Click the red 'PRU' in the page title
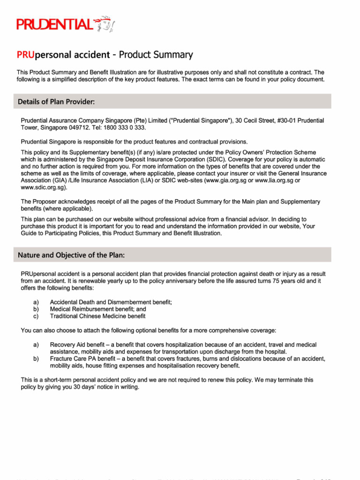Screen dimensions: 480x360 26,55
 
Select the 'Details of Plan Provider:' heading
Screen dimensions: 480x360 57,102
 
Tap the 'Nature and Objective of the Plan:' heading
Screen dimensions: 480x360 71,255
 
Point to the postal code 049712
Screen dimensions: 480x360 82,127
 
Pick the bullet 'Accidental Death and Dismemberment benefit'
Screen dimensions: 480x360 111,302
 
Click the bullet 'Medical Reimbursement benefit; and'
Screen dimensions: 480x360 98,309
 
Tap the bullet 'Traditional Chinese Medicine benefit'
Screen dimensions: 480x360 97,316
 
